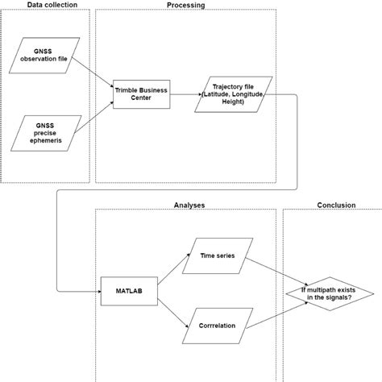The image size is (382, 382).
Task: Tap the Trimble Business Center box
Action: (x=140, y=94)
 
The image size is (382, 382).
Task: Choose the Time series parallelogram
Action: (x=220, y=255)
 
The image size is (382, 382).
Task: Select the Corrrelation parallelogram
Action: (x=220, y=327)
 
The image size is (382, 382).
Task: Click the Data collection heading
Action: (x=46, y=5)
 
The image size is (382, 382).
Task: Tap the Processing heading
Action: (x=185, y=5)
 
